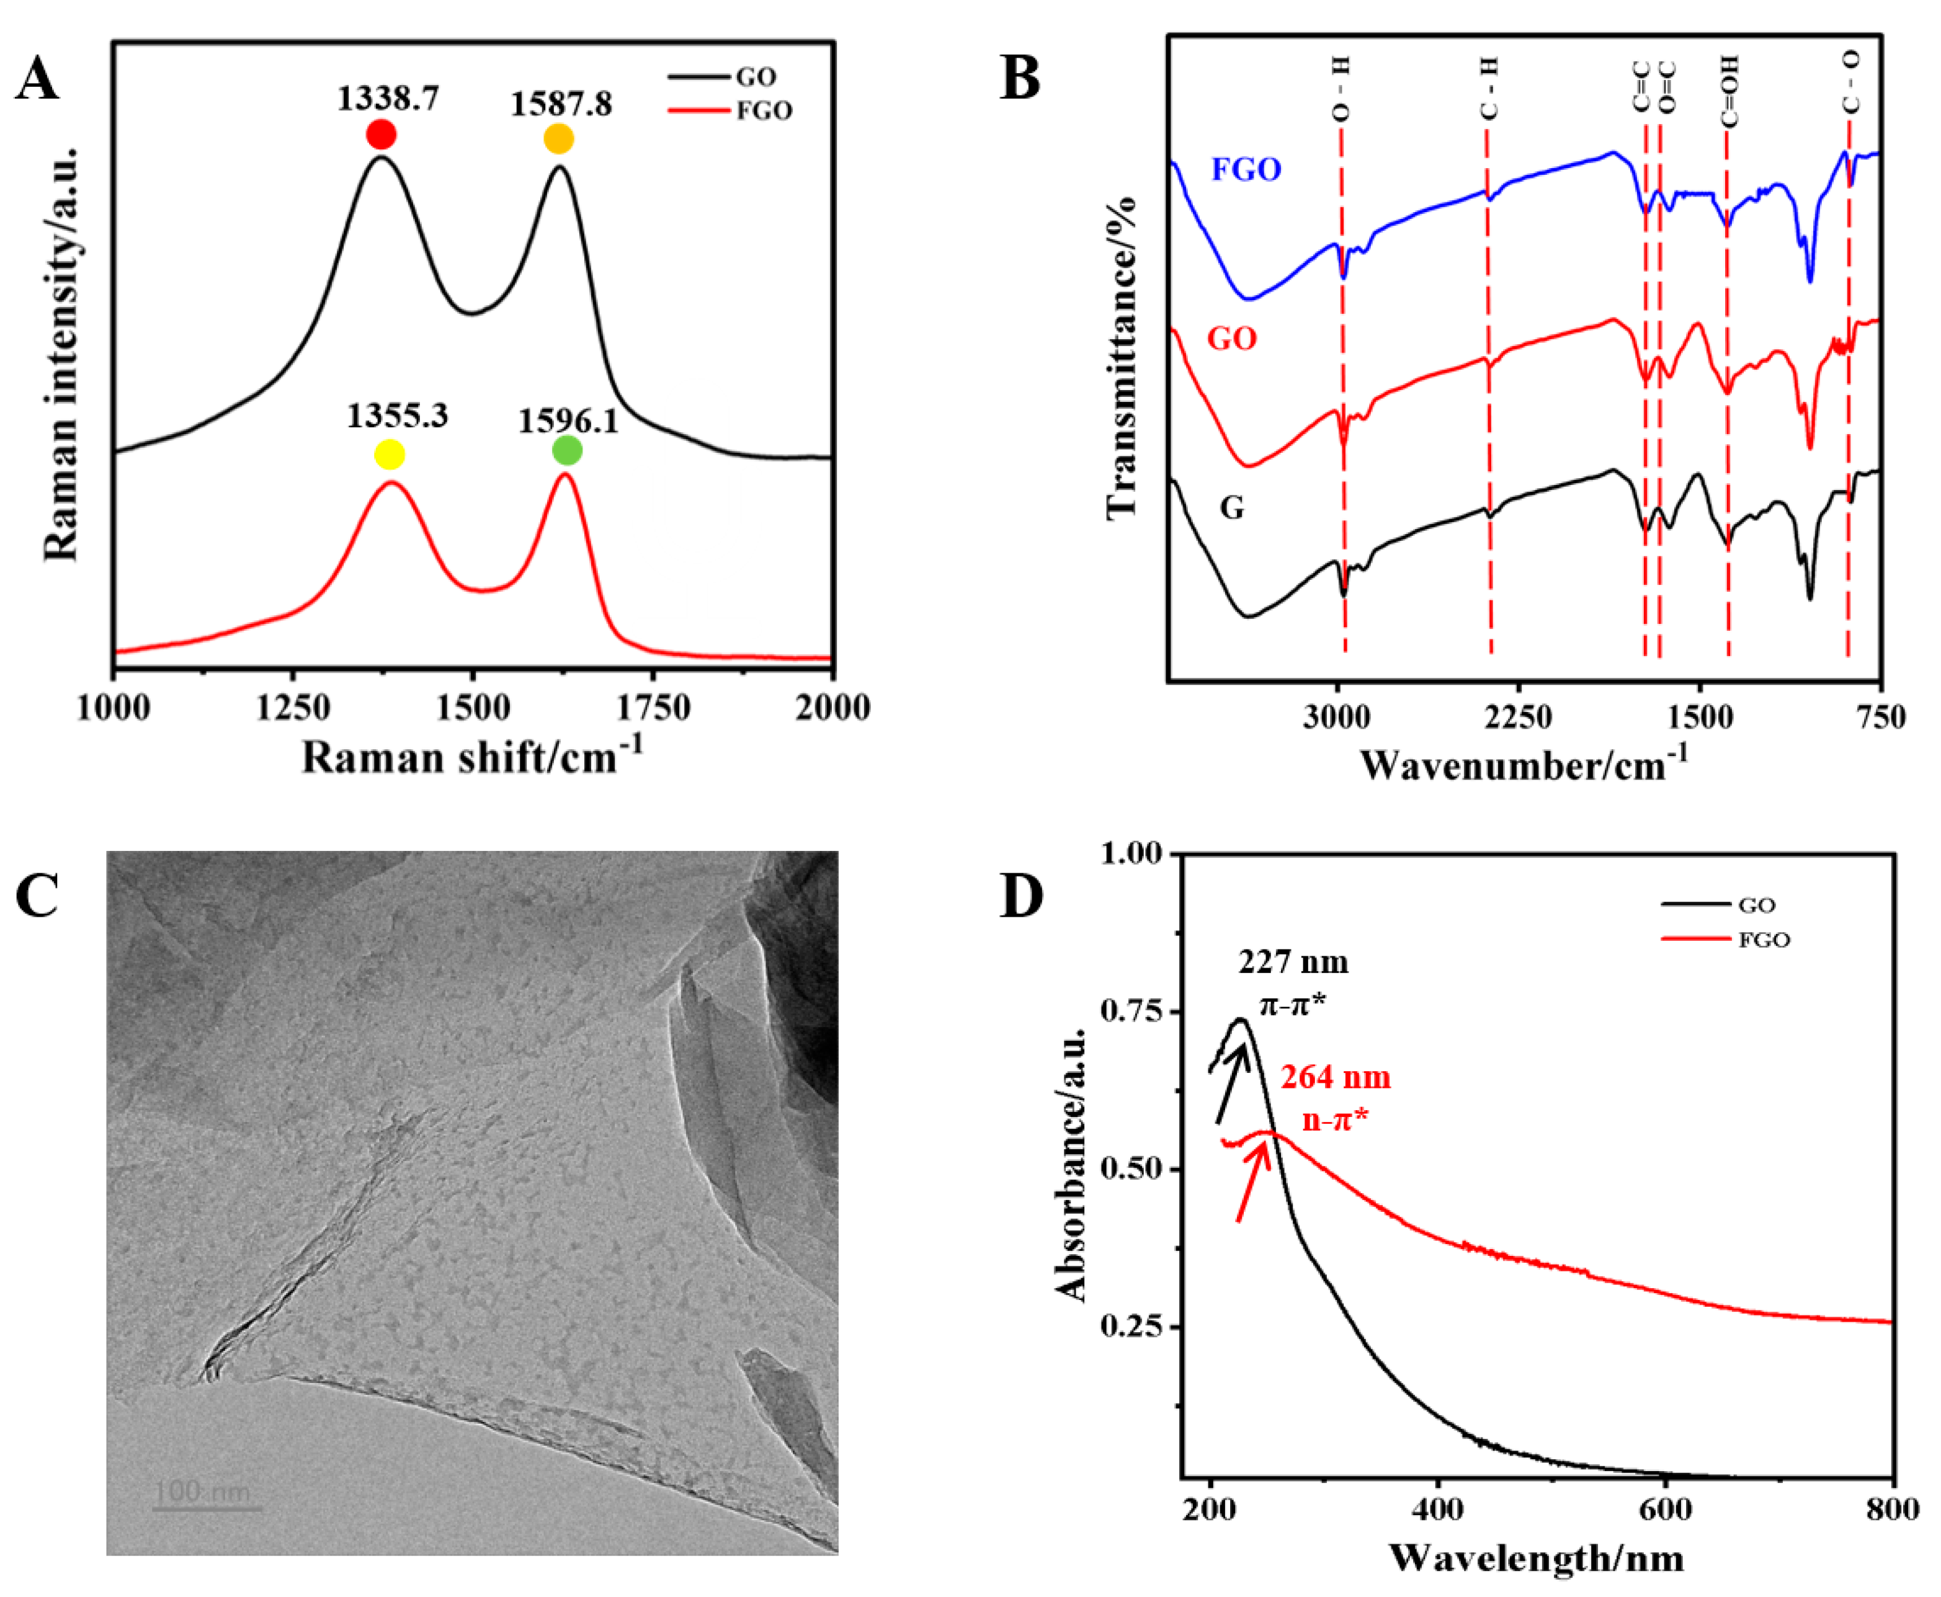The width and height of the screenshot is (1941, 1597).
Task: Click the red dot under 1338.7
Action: pos(381,135)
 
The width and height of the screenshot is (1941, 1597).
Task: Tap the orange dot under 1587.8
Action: pos(558,139)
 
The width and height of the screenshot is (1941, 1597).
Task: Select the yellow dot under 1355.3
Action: pos(389,455)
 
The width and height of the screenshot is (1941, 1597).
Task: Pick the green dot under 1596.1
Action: pos(568,451)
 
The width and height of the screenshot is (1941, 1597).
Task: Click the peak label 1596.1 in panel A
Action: pos(568,421)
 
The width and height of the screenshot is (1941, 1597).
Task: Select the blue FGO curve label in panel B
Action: pos(1246,169)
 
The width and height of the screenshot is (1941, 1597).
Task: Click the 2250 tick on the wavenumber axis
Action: pos(1519,716)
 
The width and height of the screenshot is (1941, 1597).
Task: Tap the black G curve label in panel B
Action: pos(1232,507)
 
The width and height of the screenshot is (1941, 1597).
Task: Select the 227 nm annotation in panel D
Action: pos(1293,963)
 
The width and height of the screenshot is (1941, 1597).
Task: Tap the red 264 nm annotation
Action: pos(1335,1077)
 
